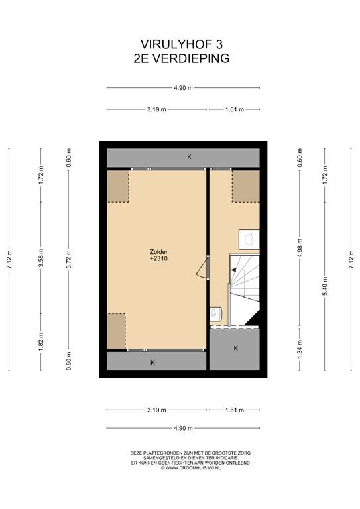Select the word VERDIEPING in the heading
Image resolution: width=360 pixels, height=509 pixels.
[x=191, y=58]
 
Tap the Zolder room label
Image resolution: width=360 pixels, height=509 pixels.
[x=158, y=252]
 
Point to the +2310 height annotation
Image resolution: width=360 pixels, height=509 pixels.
[x=158, y=259]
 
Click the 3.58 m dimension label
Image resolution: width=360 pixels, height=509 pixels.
[x=41, y=258]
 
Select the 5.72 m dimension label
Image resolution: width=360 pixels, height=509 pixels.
[x=68, y=259]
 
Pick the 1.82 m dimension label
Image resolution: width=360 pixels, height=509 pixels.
[x=41, y=341]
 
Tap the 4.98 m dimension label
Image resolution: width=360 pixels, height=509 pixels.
[x=300, y=248]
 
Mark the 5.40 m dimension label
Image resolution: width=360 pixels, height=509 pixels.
[x=325, y=286]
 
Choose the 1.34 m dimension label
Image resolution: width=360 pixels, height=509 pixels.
[x=300, y=349]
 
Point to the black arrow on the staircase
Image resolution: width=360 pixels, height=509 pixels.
[x=237, y=270]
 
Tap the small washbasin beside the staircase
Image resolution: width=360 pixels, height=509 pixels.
[x=215, y=314]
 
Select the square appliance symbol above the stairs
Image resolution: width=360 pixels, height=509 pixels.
[x=249, y=239]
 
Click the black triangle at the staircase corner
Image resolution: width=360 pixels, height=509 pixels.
[x=253, y=317]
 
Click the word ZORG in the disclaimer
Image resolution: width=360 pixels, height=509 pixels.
[x=244, y=453]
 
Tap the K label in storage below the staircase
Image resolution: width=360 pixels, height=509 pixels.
[x=235, y=349]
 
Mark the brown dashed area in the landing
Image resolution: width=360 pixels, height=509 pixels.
[x=245, y=186]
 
